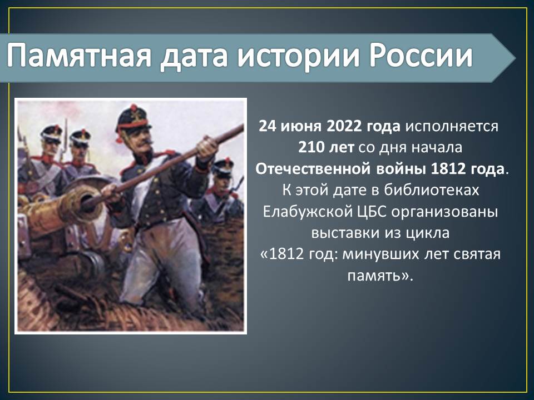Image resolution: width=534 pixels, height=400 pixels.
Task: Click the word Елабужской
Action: tap(308, 212)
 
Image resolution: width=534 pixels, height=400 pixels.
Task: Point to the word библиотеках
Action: tap(432, 190)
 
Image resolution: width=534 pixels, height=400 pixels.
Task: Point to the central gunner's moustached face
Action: tap(140, 138)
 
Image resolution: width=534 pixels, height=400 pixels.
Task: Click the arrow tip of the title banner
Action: tap(516, 58)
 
